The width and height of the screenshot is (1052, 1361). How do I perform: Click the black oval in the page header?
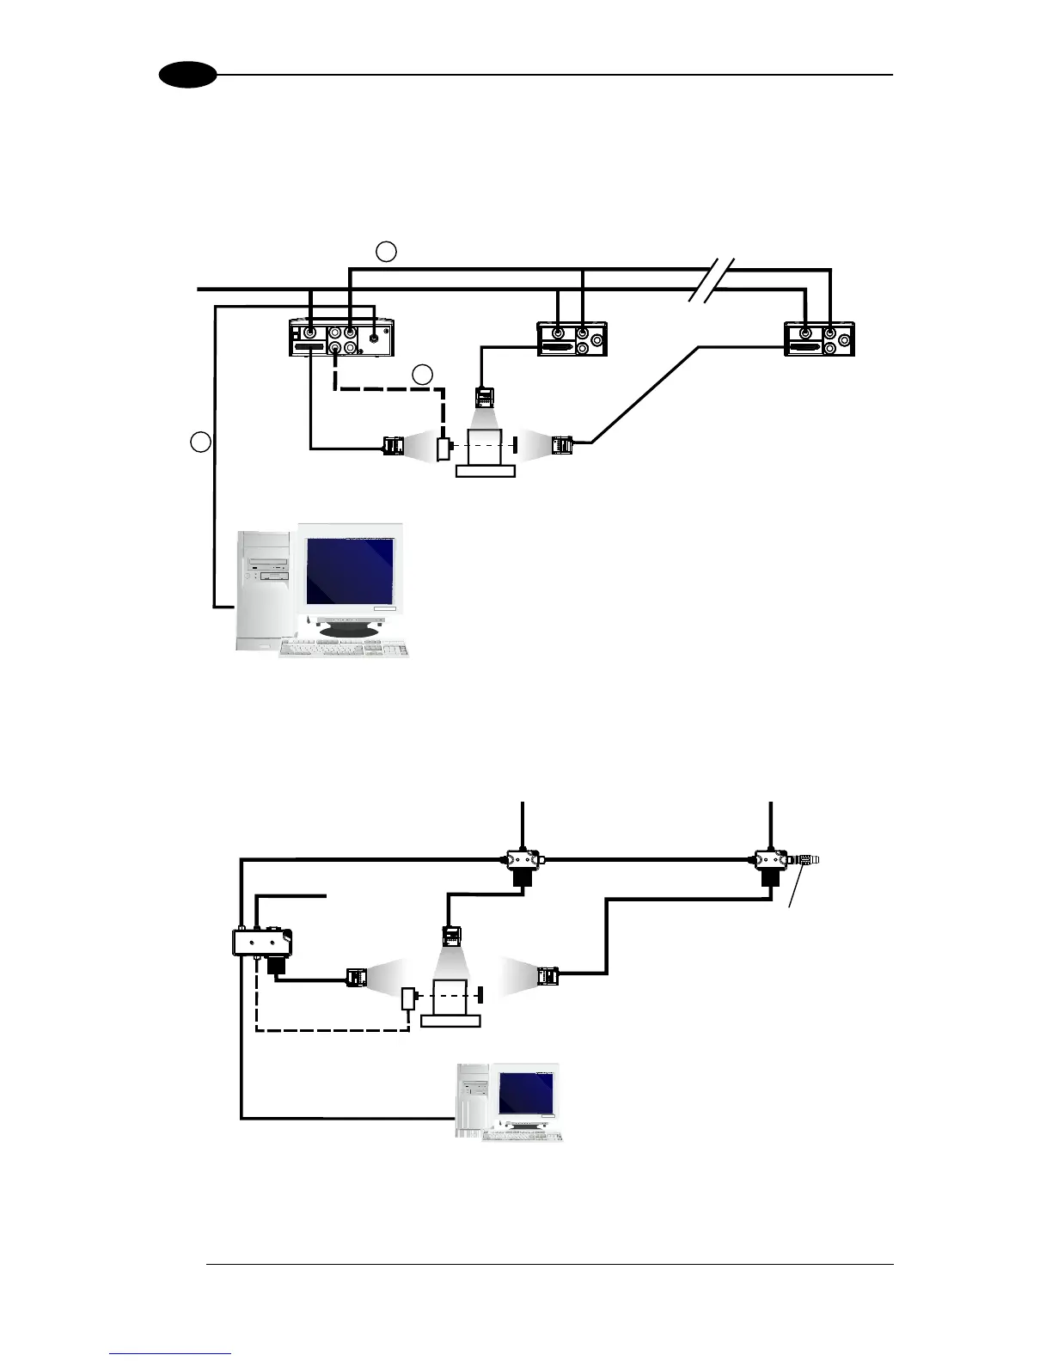coord(187,75)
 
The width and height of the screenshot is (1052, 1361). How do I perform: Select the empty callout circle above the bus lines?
coord(387,251)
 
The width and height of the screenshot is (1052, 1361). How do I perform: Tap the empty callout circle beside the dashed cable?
coord(422,375)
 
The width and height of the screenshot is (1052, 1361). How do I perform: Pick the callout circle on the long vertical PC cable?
coord(200,442)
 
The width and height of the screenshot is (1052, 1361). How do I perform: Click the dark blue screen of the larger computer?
coord(351,571)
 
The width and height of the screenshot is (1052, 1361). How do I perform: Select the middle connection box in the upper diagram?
coord(572,339)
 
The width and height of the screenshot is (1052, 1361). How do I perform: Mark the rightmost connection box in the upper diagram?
coord(820,339)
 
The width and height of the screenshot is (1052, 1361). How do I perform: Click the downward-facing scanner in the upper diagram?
coord(486,398)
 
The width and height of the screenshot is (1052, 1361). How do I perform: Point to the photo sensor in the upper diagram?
coord(443,449)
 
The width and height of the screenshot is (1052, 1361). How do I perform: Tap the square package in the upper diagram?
coord(486,447)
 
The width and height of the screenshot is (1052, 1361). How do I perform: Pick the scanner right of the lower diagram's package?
coord(547,976)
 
